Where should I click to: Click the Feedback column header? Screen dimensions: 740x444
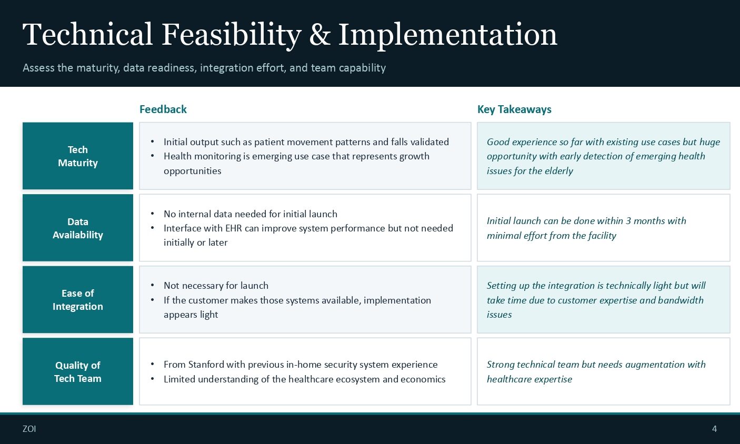coord(163,109)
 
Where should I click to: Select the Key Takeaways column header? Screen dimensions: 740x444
coord(514,109)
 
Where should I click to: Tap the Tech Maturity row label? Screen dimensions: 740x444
coord(78,156)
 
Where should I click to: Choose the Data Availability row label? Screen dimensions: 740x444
coord(78,228)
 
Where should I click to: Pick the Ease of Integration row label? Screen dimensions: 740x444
coord(78,300)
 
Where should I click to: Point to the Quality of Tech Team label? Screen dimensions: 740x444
coord(78,372)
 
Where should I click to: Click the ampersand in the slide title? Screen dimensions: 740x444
coord(319,34)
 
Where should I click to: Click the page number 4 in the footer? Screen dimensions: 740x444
coord(714,429)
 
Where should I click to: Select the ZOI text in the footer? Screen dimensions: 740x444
coord(29,429)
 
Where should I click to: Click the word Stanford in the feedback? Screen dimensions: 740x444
coord(206,365)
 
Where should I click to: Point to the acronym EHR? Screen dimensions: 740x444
coord(234,228)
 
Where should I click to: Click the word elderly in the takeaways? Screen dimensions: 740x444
coord(559,171)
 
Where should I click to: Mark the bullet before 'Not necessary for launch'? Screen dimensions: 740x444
coord(152,285)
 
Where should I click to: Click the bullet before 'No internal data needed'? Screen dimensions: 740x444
coord(152,214)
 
